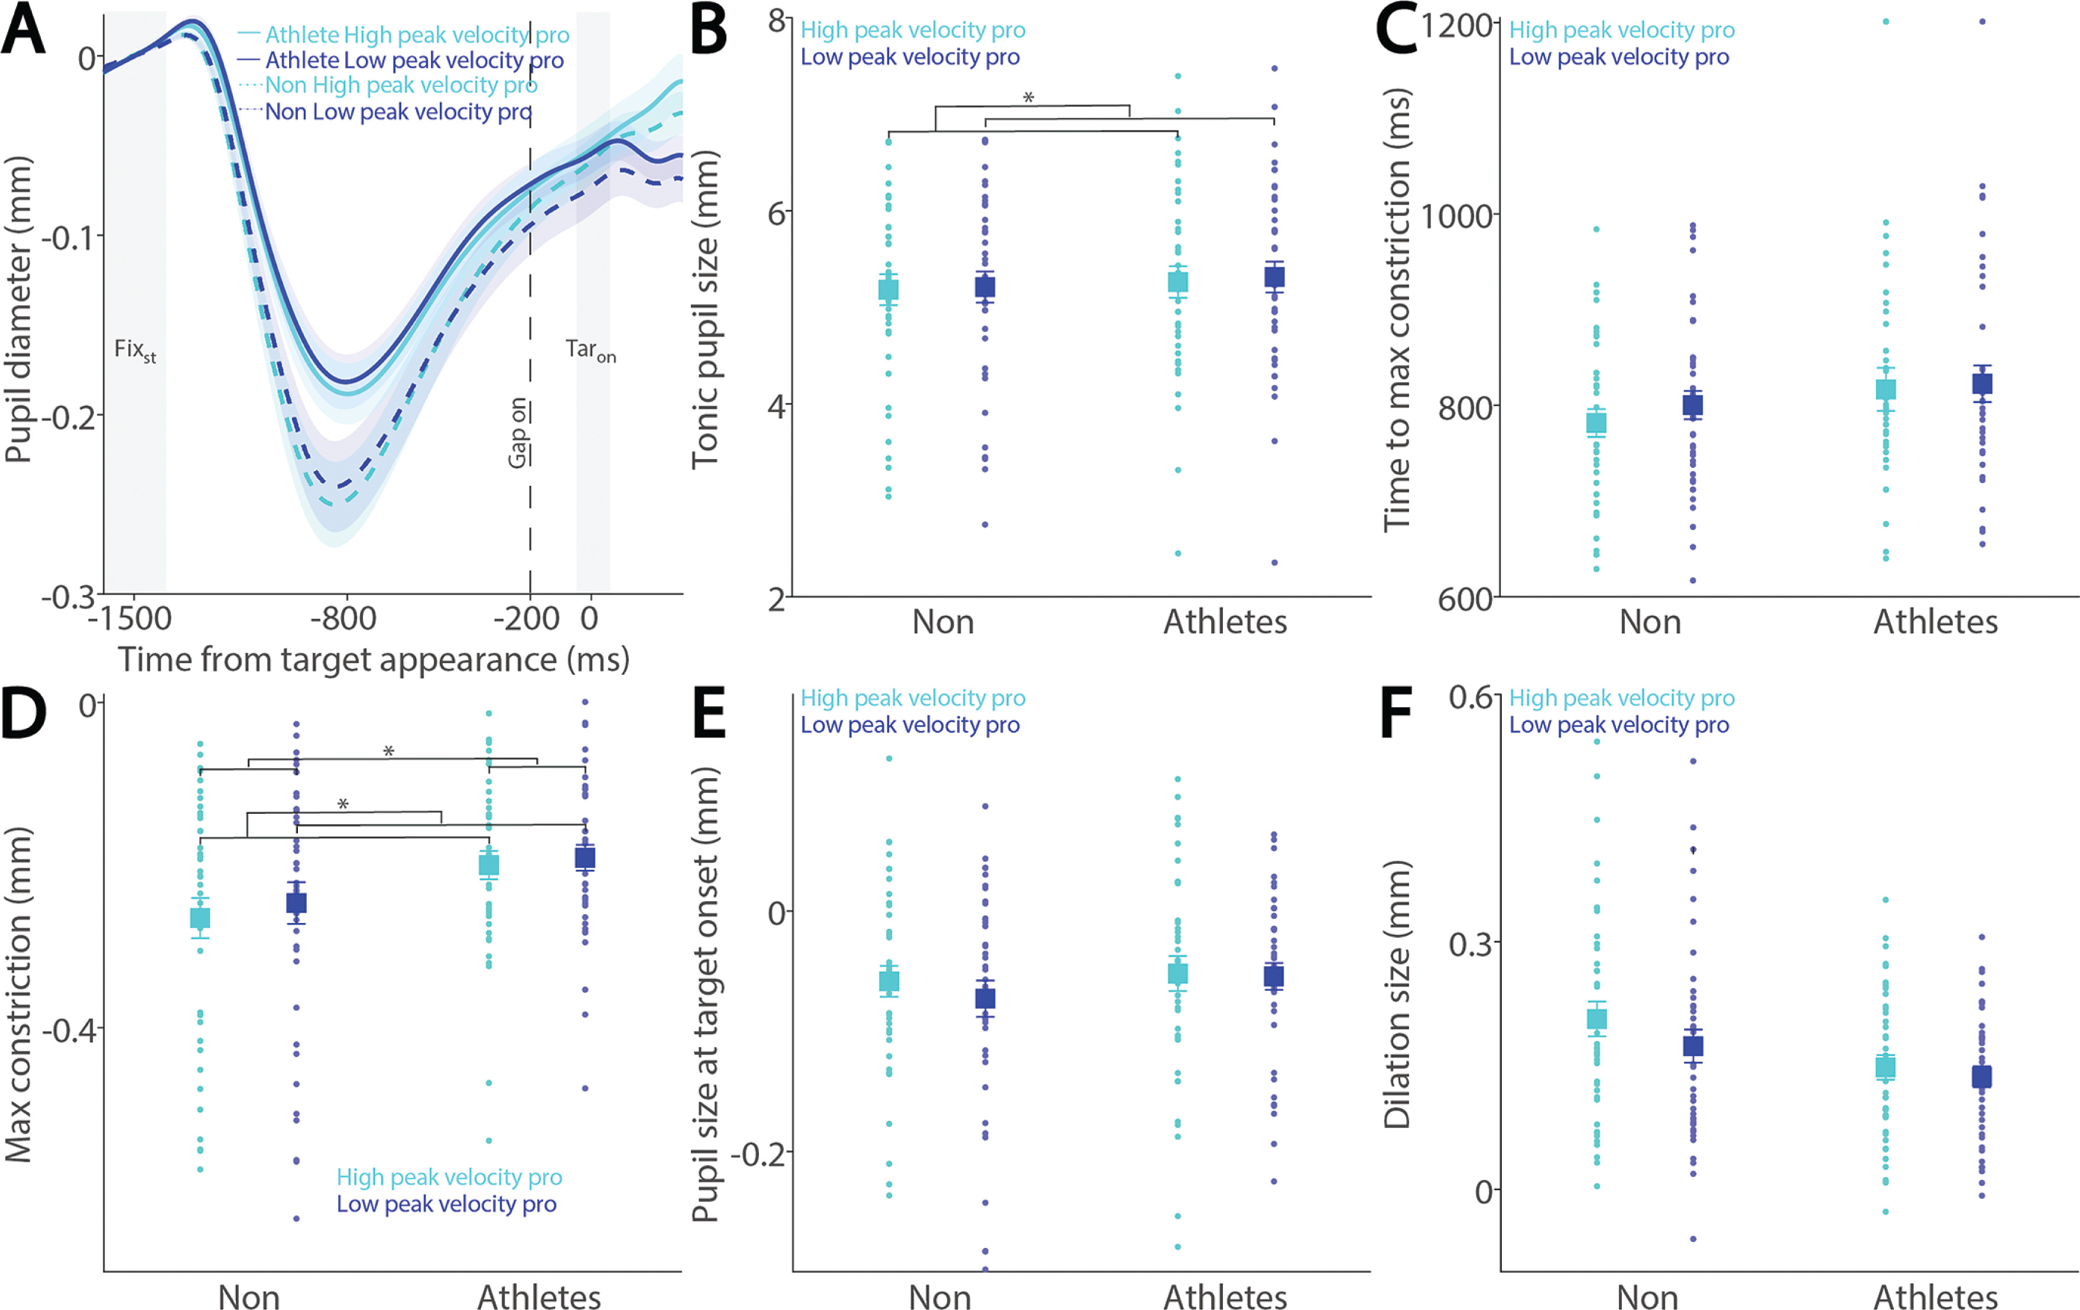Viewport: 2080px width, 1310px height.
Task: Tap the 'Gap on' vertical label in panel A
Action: point(517,433)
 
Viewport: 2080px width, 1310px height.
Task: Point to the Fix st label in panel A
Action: point(135,350)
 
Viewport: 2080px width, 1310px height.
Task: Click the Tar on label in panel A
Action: point(591,350)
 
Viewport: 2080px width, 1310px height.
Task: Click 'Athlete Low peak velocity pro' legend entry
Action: point(414,60)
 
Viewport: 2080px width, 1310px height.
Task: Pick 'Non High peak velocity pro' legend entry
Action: point(401,86)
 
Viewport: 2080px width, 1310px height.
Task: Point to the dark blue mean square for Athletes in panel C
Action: point(1982,384)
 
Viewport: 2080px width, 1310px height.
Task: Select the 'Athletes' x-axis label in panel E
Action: point(1225,1296)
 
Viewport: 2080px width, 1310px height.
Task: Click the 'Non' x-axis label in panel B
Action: point(943,622)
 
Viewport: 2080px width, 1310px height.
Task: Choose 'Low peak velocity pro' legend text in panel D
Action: point(447,1204)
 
